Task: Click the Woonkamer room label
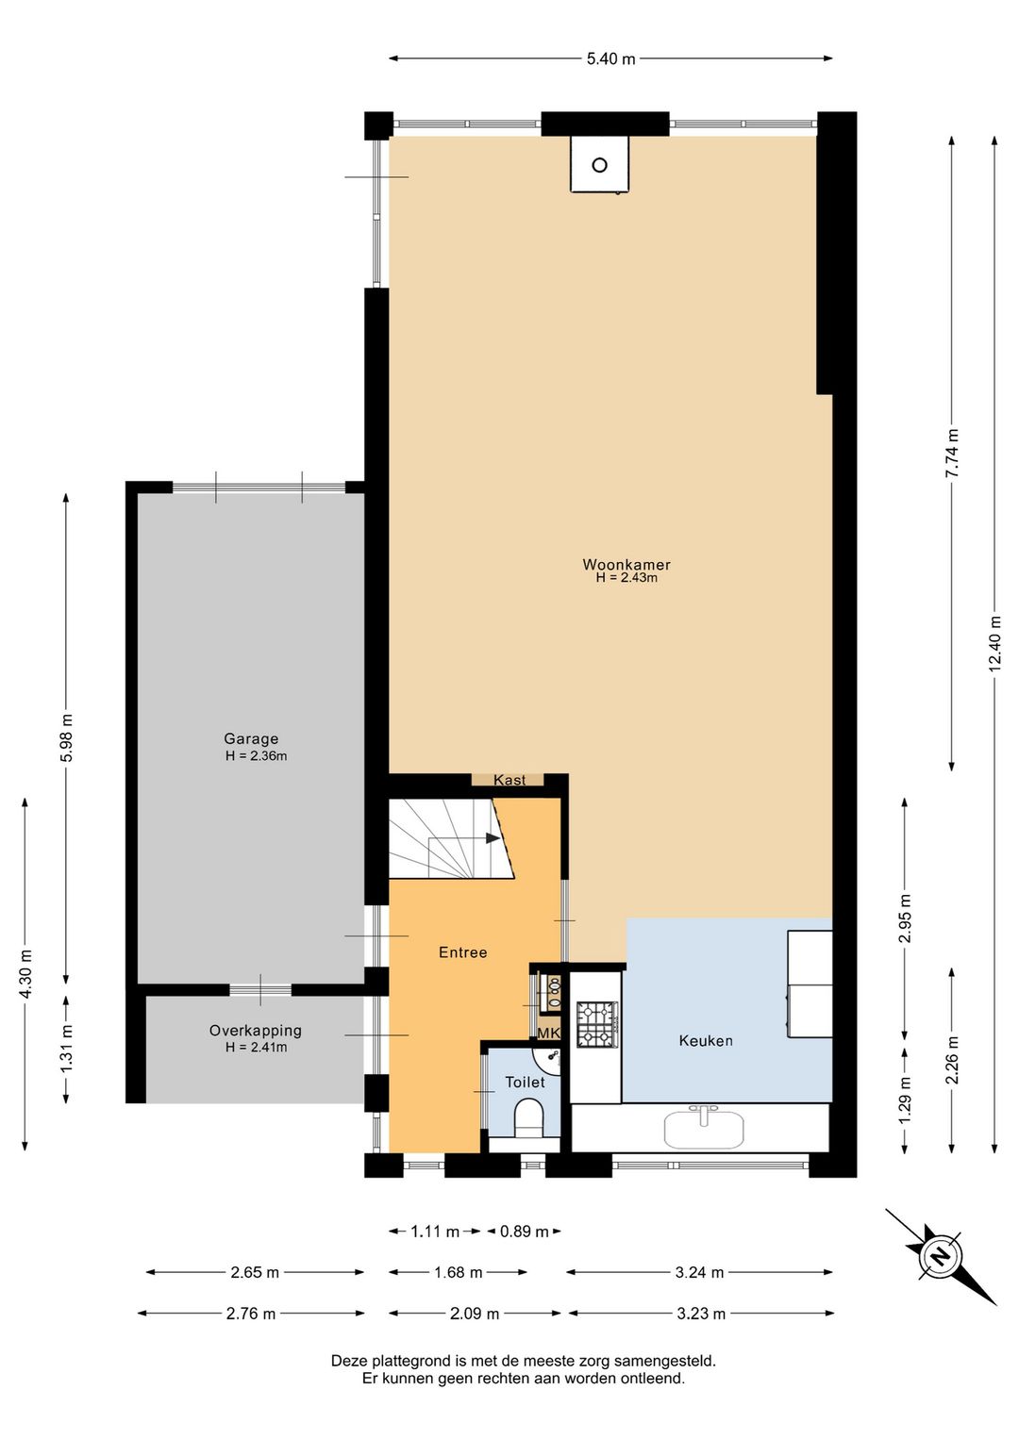626,565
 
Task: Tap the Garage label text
251,738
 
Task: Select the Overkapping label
256,1031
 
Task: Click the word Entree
463,952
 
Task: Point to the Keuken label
706,1040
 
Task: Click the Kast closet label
509,780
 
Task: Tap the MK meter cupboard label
548,1033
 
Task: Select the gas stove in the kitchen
597,1023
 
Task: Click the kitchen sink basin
704,1128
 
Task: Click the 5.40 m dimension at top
610,58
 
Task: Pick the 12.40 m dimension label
995,643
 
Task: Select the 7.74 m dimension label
952,453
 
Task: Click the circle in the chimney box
599,165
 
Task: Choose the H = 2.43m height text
626,577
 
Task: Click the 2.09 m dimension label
475,1314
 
